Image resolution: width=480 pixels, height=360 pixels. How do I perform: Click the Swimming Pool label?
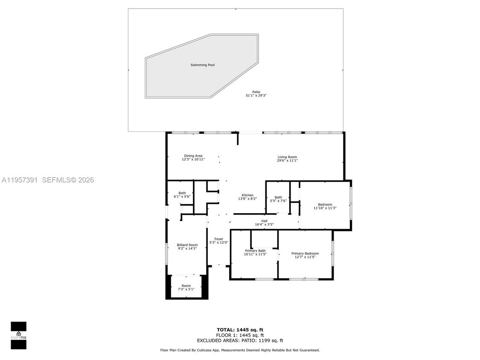click(x=202, y=65)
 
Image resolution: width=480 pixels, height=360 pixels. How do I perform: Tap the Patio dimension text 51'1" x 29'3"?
click(x=256, y=96)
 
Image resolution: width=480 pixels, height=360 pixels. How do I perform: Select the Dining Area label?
click(x=193, y=156)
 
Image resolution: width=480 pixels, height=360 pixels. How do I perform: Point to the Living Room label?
click(x=287, y=157)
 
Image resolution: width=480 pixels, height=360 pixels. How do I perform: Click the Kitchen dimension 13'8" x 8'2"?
click(x=247, y=199)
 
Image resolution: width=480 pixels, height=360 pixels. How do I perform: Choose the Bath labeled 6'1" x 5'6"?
click(x=182, y=193)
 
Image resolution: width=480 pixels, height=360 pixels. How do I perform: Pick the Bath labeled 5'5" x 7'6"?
click(x=278, y=197)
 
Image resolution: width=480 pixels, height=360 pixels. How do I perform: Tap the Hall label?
click(x=264, y=221)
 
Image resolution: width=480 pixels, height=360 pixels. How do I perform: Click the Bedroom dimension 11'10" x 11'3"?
click(x=325, y=208)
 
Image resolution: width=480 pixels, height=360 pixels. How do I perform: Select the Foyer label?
click(x=219, y=239)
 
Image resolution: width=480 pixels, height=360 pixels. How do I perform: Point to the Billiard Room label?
click(x=187, y=245)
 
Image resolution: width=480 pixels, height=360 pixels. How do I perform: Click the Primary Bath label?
click(x=255, y=251)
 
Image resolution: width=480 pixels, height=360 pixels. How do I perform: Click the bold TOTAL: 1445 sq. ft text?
click(x=240, y=330)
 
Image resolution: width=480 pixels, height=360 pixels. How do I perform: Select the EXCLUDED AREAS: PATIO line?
click(x=240, y=341)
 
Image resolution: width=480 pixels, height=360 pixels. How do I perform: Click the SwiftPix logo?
click(x=18, y=335)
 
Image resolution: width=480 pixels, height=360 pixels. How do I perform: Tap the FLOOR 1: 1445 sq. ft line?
click(x=240, y=335)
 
